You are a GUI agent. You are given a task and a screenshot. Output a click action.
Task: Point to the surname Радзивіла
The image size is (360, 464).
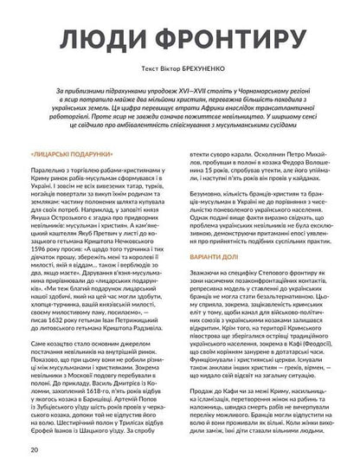point(151,331)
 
